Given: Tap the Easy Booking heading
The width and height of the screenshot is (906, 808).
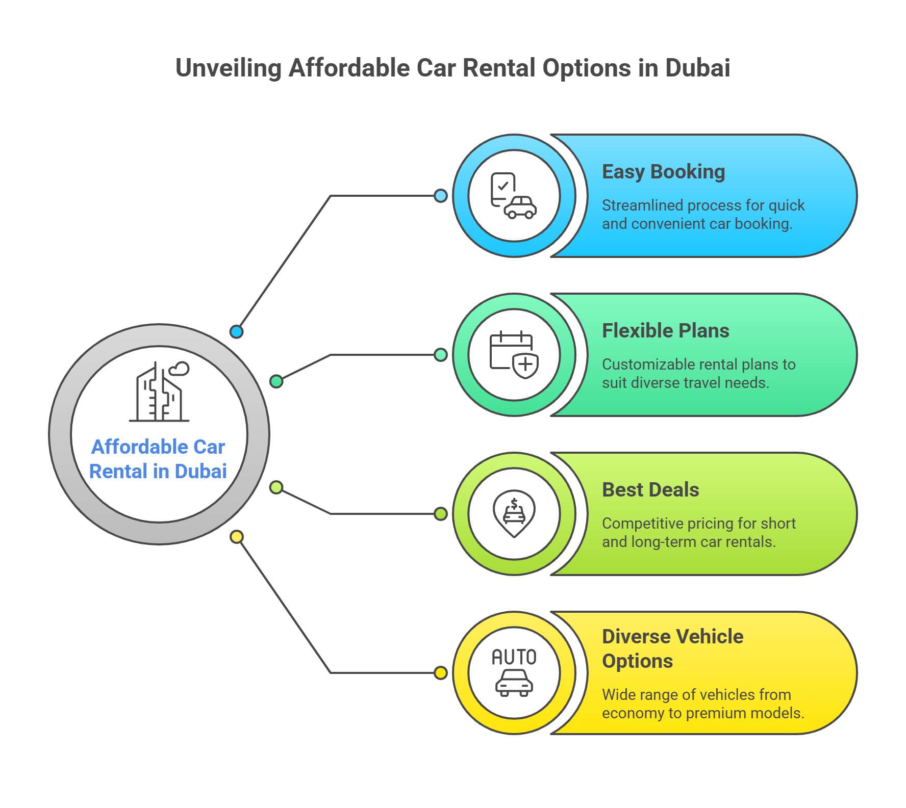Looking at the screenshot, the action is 663,172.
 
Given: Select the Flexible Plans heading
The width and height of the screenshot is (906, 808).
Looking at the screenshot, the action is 665,331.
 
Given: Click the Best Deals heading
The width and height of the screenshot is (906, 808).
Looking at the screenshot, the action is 650,490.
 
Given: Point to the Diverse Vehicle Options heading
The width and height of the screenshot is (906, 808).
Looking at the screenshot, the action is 672,648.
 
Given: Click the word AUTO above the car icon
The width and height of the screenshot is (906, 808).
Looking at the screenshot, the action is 514,657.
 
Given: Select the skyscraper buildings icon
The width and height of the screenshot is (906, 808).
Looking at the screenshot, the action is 159,391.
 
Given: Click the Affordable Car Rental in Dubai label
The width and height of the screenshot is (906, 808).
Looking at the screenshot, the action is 158,459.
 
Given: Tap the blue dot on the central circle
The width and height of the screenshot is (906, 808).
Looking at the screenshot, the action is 236,332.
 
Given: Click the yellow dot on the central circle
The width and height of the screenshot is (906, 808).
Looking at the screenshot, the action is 236,537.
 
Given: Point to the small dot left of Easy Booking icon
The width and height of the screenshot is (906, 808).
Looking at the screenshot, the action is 441,196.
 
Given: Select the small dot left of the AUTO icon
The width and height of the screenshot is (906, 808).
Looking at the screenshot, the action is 441,673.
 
